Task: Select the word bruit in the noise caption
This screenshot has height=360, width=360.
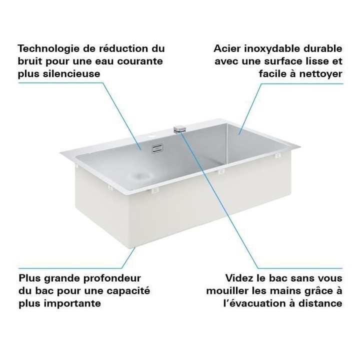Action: tap(30, 61)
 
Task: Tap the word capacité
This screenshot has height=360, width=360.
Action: tap(128, 290)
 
